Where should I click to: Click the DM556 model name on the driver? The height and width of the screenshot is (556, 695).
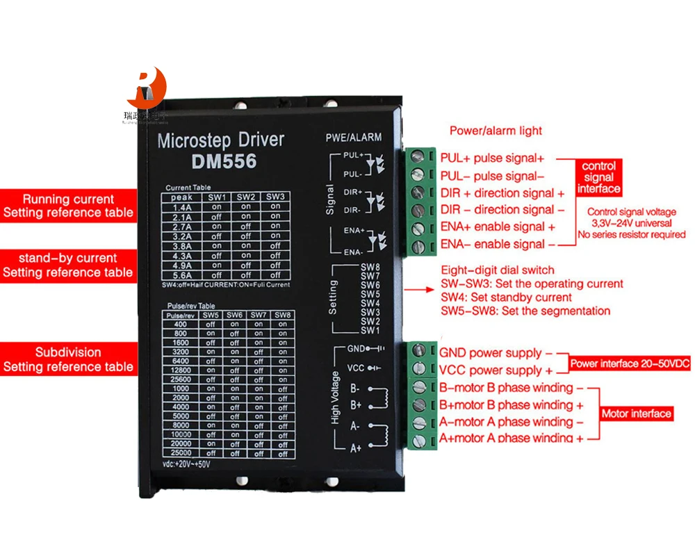click(x=223, y=161)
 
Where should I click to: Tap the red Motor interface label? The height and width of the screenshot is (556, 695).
click(x=637, y=414)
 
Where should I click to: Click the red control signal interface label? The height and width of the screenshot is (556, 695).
click(x=598, y=177)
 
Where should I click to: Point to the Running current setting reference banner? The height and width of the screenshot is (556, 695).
click(x=67, y=206)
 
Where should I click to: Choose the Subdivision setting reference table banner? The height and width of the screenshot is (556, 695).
click(x=67, y=359)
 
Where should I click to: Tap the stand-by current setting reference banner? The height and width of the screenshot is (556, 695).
click(x=67, y=265)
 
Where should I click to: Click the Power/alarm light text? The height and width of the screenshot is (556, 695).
click(x=496, y=131)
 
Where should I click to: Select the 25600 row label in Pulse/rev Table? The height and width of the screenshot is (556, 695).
click(x=180, y=379)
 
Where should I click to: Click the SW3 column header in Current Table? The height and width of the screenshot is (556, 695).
click(x=276, y=197)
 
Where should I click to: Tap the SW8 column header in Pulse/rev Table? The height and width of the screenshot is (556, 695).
click(x=281, y=315)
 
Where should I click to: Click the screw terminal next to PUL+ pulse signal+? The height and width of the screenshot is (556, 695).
click(x=418, y=156)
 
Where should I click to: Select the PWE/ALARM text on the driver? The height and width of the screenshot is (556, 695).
click(x=353, y=138)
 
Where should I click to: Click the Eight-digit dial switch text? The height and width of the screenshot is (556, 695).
click(x=498, y=270)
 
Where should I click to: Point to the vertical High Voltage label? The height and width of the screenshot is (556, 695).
click(x=336, y=397)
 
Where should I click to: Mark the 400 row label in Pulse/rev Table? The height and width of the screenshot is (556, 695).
click(x=180, y=324)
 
